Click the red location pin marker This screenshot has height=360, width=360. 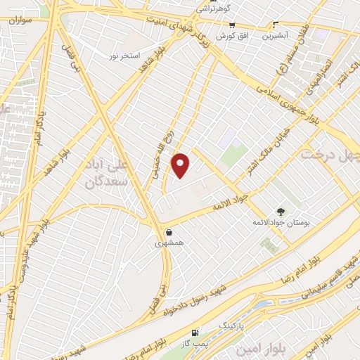181,165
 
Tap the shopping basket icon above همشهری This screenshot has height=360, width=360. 169,231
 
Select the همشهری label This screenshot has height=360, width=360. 169,243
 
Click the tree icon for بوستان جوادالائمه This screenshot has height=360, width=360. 281,211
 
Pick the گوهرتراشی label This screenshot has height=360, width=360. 212,8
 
